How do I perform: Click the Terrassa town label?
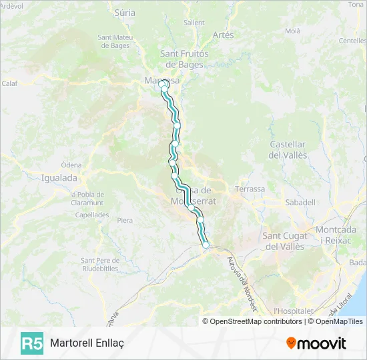(x=250, y=189)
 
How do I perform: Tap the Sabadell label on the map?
(x=300, y=202)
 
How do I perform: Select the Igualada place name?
(x=59, y=178)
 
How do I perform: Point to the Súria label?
(x=125, y=13)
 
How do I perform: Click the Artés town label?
(x=223, y=34)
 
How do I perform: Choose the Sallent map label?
(x=194, y=22)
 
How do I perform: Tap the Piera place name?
(x=125, y=220)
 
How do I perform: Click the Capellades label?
(x=92, y=215)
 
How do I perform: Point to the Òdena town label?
(x=71, y=165)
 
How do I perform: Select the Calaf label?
(x=9, y=83)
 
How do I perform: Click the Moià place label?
(x=292, y=31)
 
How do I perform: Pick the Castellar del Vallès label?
(x=288, y=149)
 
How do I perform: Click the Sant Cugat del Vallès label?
(x=284, y=241)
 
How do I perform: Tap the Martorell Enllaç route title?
(x=87, y=343)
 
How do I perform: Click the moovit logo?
(x=316, y=343)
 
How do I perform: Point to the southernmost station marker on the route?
(x=206, y=246)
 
